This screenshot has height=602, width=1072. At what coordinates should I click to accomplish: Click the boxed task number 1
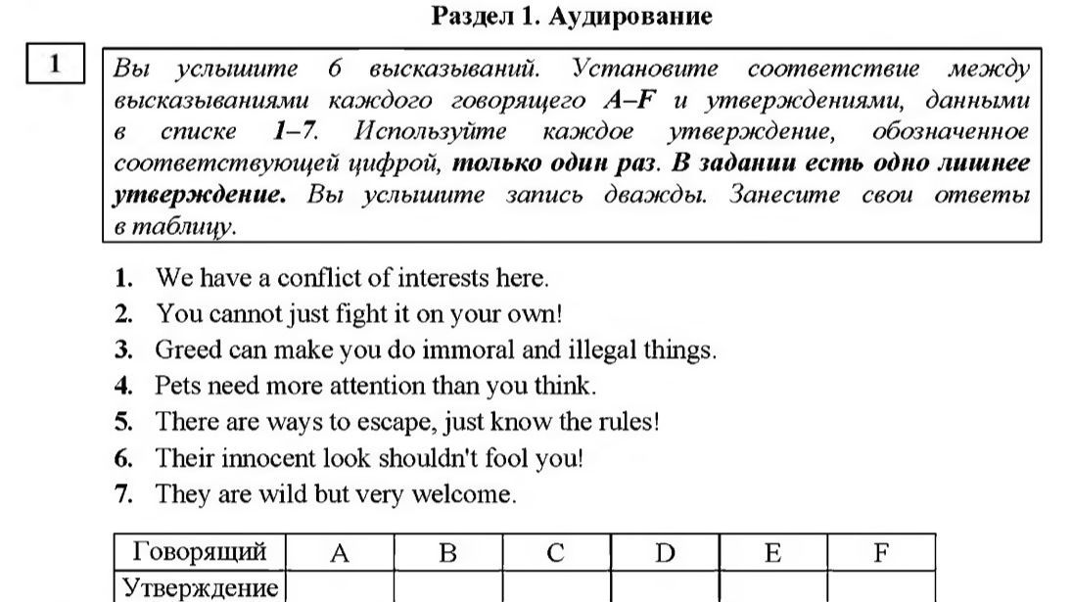[x=56, y=65]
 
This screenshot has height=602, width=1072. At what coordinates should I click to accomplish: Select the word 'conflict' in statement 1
[x=318, y=278]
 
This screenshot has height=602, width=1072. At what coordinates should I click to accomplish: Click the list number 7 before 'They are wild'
[x=122, y=494]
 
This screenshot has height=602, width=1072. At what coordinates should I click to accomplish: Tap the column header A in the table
[x=340, y=554]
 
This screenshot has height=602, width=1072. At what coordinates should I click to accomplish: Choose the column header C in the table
[x=556, y=554]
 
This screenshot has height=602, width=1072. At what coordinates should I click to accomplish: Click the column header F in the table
[x=880, y=554]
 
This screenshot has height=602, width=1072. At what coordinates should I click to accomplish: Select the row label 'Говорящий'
[x=200, y=553]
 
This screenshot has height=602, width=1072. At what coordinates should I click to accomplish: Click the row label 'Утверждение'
[x=200, y=588]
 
